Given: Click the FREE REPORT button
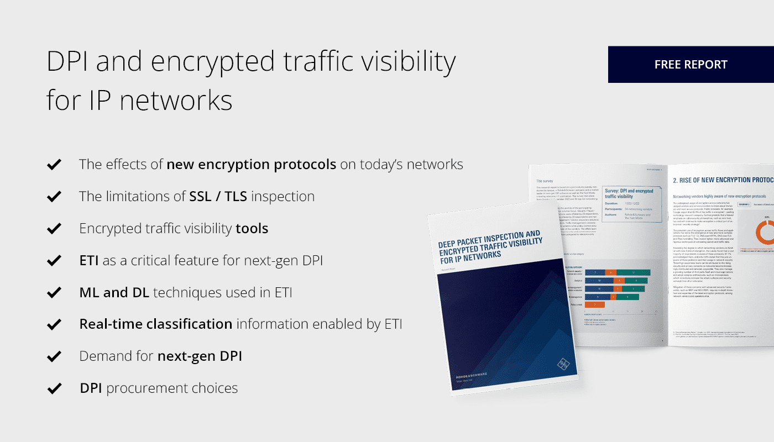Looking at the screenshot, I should tap(691, 65).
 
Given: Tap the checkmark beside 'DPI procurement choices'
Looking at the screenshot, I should tap(54, 388).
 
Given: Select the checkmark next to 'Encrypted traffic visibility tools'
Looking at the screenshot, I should tap(54, 228).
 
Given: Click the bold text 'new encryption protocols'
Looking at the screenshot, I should tap(251, 164).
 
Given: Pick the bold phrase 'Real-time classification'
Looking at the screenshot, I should tap(155, 324).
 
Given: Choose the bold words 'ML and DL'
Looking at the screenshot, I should tap(114, 292).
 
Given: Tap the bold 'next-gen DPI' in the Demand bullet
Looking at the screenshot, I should tap(200, 356).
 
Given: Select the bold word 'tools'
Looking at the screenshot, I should tap(252, 228).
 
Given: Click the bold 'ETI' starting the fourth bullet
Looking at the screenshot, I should tap(88, 260).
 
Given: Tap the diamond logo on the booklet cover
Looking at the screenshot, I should tap(562, 364).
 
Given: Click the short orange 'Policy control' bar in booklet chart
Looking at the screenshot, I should tap(594, 304).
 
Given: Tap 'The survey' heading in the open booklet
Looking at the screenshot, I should tap(545, 181).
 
